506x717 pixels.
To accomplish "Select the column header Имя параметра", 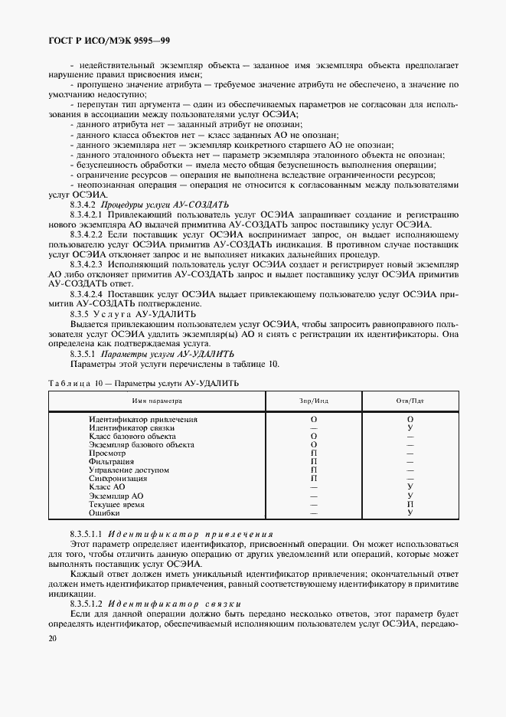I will click(x=157, y=401).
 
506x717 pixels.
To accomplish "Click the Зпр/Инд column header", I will click(x=313, y=401).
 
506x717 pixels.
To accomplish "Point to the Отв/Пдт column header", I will click(x=410, y=401).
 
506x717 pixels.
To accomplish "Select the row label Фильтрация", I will click(x=112, y=462).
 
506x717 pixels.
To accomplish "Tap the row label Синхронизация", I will click(x=119, y=479).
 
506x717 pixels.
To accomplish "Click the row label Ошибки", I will click(x=106, y=512).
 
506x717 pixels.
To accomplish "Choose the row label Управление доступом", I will click(x=129, y=470).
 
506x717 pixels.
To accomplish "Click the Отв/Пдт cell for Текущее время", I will click(x=410, y=504).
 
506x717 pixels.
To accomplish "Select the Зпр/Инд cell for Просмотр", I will click(x=313, y=453).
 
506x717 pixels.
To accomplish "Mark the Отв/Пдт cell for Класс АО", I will click(x=410, y=487).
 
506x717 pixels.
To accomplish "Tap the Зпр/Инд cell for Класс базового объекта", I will click(x=313, y=436).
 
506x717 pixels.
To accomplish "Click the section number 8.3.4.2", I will click(x=84, y=205).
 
